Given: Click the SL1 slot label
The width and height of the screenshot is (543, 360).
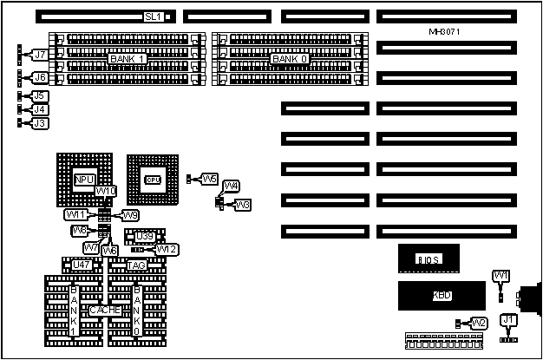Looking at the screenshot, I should pyautogui.click(x=153, y=16).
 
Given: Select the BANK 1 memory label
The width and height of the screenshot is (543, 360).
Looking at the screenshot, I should pyautogui.click(x=127, y=58).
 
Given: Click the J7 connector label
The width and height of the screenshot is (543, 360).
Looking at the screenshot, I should pyautogui.click(x=39, y=55).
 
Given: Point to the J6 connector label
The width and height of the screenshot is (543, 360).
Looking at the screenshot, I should pyautogui.click(x=39, y=77).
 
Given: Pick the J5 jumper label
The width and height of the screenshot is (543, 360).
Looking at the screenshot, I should pyautogui.click(x=39, y=95).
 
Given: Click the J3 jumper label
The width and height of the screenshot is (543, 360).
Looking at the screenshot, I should pyautogui.click(x=39, y=124).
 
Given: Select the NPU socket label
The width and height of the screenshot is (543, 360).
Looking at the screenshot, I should pyautogui.click(x=83, y=180).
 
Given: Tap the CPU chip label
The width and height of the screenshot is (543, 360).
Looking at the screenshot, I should pyautogui.click(x=153, y=180).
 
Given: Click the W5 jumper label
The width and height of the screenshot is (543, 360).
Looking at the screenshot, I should pyautogui.click(x=210, y=179).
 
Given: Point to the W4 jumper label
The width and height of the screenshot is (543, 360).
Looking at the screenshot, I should pyautogui.click(x=231, y=186).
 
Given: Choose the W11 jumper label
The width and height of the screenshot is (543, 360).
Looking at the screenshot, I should pyautogui.click(x=75, y=214).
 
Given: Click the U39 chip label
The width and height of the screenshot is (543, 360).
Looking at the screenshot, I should pyautogui.click(x=143, y=236).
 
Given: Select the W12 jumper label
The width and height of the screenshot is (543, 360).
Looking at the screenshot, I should pyautogui.click(x=167, y=250).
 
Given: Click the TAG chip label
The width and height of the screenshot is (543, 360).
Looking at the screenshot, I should pyautogui.click(x=136, y=265).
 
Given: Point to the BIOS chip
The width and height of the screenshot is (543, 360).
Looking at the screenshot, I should pyautogui.click(x=429, y=259).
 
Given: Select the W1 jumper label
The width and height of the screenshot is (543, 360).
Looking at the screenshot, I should pyautogui.click(x=500, y=275).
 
